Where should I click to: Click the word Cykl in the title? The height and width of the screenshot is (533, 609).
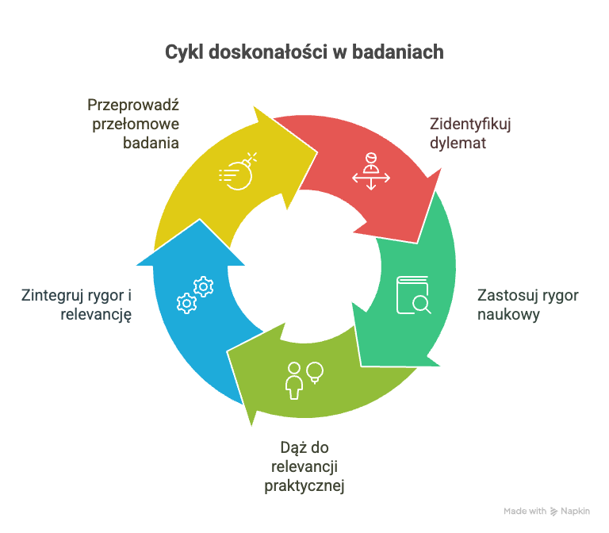tap(183, 52)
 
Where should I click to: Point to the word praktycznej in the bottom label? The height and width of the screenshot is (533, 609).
tap(304, 485)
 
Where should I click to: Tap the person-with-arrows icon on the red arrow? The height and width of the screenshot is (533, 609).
tap(371, 171)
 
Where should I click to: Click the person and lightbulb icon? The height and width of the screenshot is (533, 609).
tap(304, 379)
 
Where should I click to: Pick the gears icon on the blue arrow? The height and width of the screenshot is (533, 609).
tap(195, 293)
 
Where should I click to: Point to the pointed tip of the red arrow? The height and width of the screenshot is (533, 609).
tap(419, 241)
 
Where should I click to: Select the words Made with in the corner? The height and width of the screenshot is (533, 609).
tap(525, 511)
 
